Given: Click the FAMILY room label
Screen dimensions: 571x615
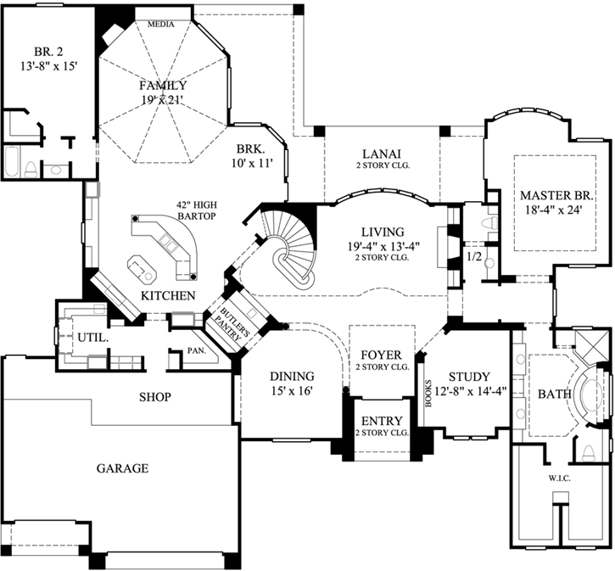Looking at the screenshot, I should click(x=164, y=86).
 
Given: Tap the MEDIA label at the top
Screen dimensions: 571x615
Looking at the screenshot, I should click(x=160, y=24).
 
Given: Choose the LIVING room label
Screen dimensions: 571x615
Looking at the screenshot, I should click(x=381, y=231).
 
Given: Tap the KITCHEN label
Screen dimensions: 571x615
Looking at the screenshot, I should click(x=168, y=295).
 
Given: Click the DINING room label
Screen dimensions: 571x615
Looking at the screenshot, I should click(x=292, y=376).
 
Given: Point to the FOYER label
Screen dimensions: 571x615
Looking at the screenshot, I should click(x=381, y=354).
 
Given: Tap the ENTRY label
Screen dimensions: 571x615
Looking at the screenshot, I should click(x=381, y=422).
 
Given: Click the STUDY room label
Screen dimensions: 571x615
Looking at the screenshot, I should click(x=469, y=376).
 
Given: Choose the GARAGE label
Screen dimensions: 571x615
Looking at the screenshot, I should click(x=122, y=467).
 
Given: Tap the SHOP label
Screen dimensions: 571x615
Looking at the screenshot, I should click(x=156, y=396).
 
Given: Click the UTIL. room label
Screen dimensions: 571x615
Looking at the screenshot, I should click(x=92, y=337).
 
